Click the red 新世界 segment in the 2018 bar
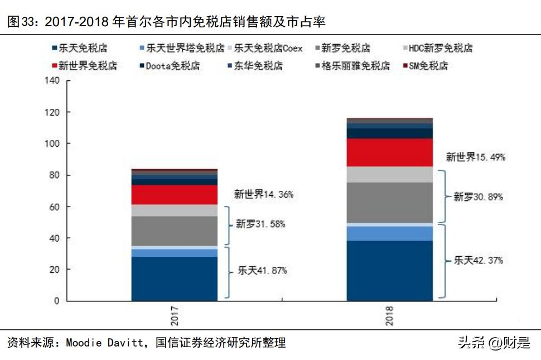pyautogui.click(x=390, y=152)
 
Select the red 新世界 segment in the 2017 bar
pyautogui.click(x=175, y=195)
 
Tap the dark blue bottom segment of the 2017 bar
pyautogui.click(x=175, y=279)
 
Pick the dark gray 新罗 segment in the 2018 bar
pyautogui.click(x=390, y=203)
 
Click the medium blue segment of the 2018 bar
pyautogui.click(x=390, y=233)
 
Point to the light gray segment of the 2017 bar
pyautogui.click(x=175, y=210)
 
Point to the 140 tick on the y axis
pyautogui.click(x=52, y=81)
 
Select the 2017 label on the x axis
pyautogui.click(x=175, y=315)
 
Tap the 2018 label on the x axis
pyautogui.click(x=390, y=315)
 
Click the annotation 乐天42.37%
pyautogui.click(x=479, y=260)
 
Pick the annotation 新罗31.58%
pyautogui.click(x=260, y=224)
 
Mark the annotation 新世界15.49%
pyautogui.click(x=475, y=157)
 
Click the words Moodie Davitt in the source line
pyautogui.click(x=103, y=343)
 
